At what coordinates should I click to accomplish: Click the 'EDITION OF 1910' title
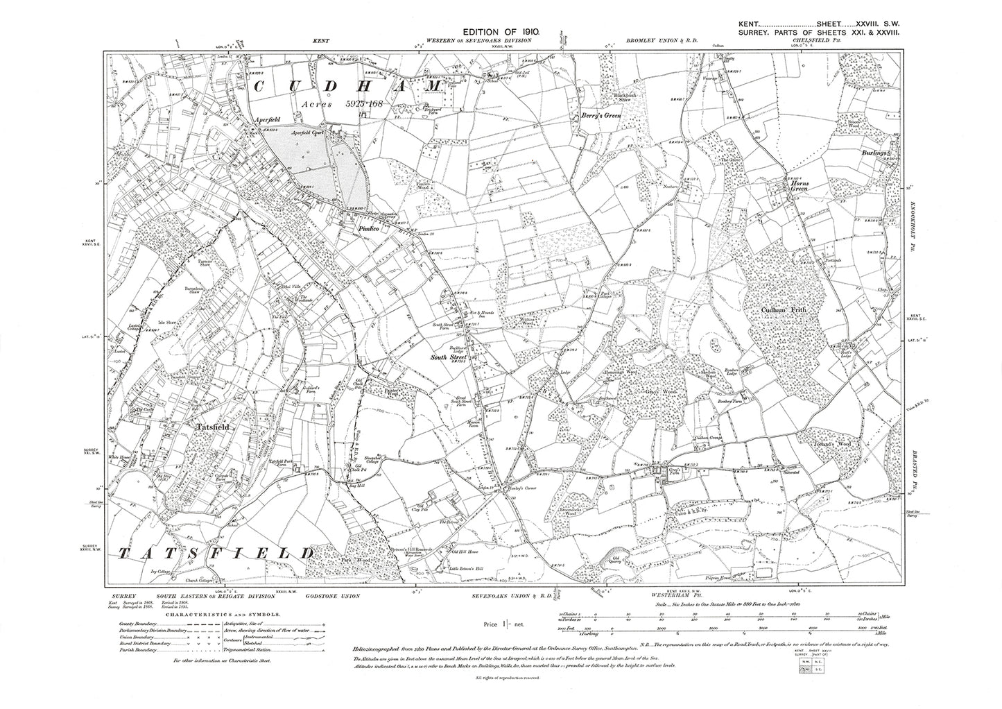[x=501, y=32]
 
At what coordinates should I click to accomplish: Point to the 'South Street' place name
[x=449, y=357]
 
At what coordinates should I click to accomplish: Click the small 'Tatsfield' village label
[x=193, y=427]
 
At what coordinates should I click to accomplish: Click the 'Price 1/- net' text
[x=502, y=626]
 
